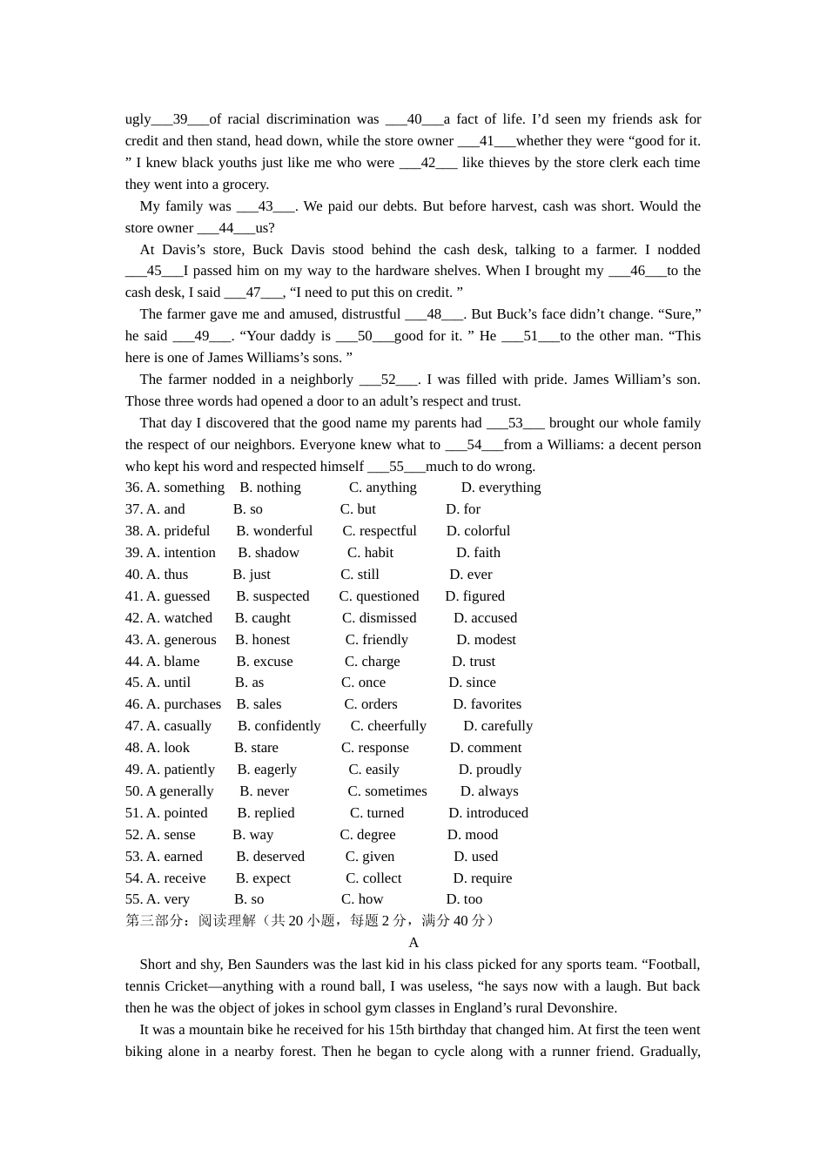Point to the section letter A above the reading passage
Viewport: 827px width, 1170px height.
(413, 943)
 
